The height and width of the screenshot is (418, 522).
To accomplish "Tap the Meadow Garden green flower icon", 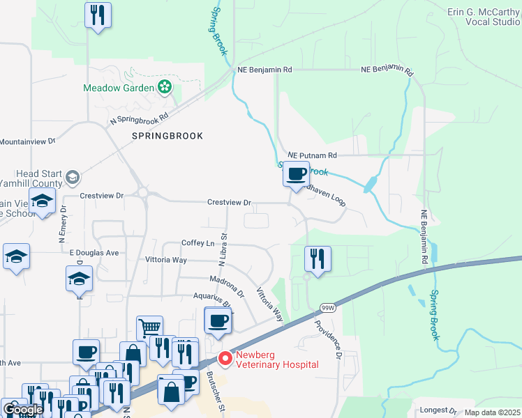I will tap(165, 88).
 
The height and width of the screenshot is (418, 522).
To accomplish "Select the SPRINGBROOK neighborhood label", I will tap(167, 136).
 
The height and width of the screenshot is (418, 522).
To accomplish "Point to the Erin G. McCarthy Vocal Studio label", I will tap(484, 17).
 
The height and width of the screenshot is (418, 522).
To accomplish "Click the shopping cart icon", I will tap(150, 327).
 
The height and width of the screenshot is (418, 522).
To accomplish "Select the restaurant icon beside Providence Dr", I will tap(318, 258).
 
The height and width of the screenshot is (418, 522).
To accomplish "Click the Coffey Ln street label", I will tap(197, 243).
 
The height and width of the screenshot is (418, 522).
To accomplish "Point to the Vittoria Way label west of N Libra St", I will tap(165, 260).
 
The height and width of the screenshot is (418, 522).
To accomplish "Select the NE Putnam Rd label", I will tap(312, 155).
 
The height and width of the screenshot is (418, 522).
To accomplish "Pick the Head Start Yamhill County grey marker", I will tap(72, 179).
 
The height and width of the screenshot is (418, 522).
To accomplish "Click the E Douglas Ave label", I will tap(94, 252).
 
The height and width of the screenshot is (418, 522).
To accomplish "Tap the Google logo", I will tap(22, 410).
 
